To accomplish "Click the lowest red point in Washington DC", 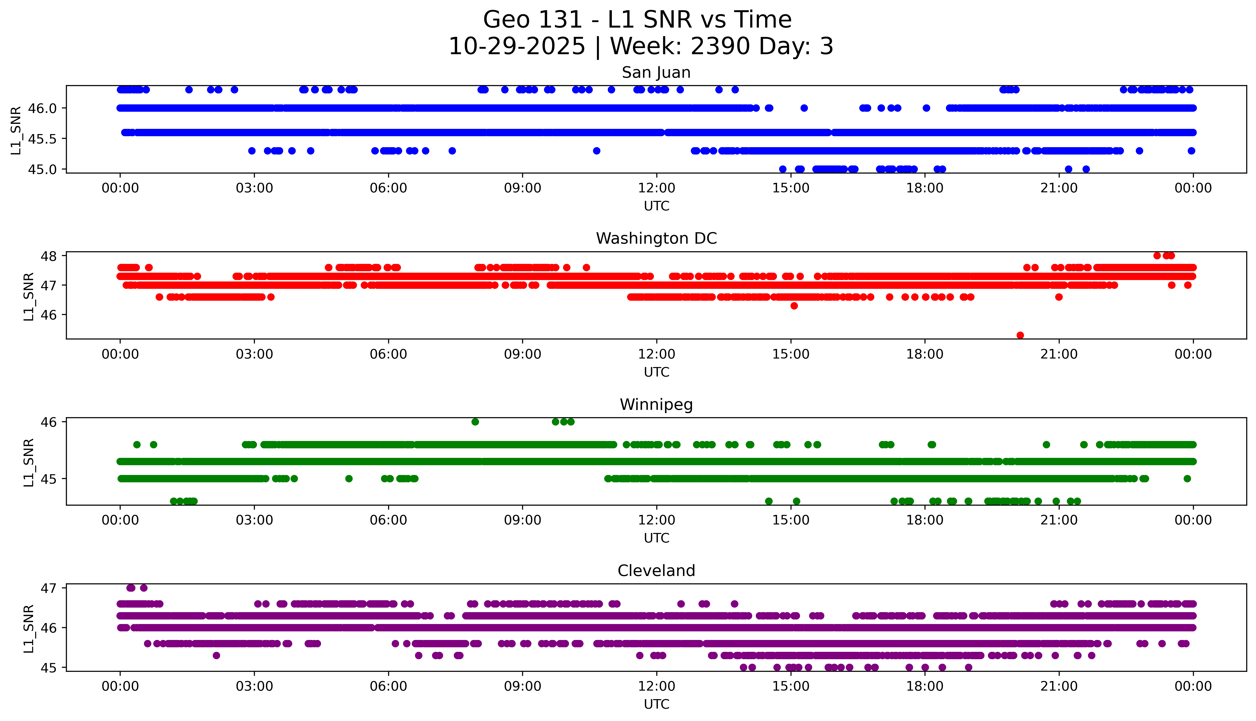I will click(1020, 335).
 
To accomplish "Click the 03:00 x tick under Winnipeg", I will click(254, 520).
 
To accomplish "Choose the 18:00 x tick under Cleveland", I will click(925, 686).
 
